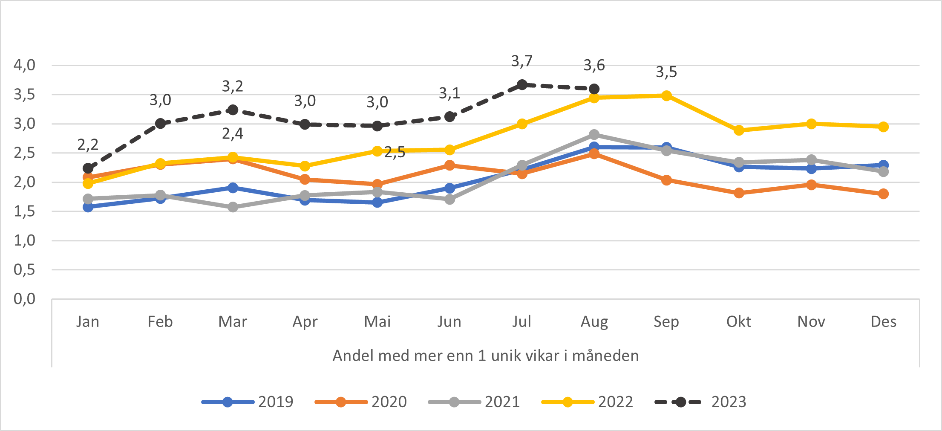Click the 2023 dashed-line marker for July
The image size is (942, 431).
(x=522, y=85)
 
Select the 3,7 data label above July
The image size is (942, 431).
(x=522, y=62)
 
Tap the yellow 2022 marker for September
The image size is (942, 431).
(x=666, y=95)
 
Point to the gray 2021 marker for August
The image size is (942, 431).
(x=594, y=135)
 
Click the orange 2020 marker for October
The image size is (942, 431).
(x=739, y=193)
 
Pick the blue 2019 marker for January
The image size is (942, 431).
(x=88, y=207)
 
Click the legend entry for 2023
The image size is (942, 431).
(x=701, y=402)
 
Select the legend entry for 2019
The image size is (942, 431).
(x=248, y=402)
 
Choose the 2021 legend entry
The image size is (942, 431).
(x=474, y=402)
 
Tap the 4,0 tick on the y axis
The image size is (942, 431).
(x=25, y=65)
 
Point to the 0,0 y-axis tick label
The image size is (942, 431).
(x=25, y=299)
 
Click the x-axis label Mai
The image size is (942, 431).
(x=377, y=321)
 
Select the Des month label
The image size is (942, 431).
(x=883, y=321)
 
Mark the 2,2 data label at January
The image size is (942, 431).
(x=88, y=145)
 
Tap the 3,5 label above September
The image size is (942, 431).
(x=666, y=72)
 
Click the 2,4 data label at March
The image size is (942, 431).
(x=233, y=134)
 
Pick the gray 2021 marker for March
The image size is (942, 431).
(x=233, y=207)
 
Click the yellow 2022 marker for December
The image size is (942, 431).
(x=883, y=127)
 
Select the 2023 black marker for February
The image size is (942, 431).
(x=160, y=124)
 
